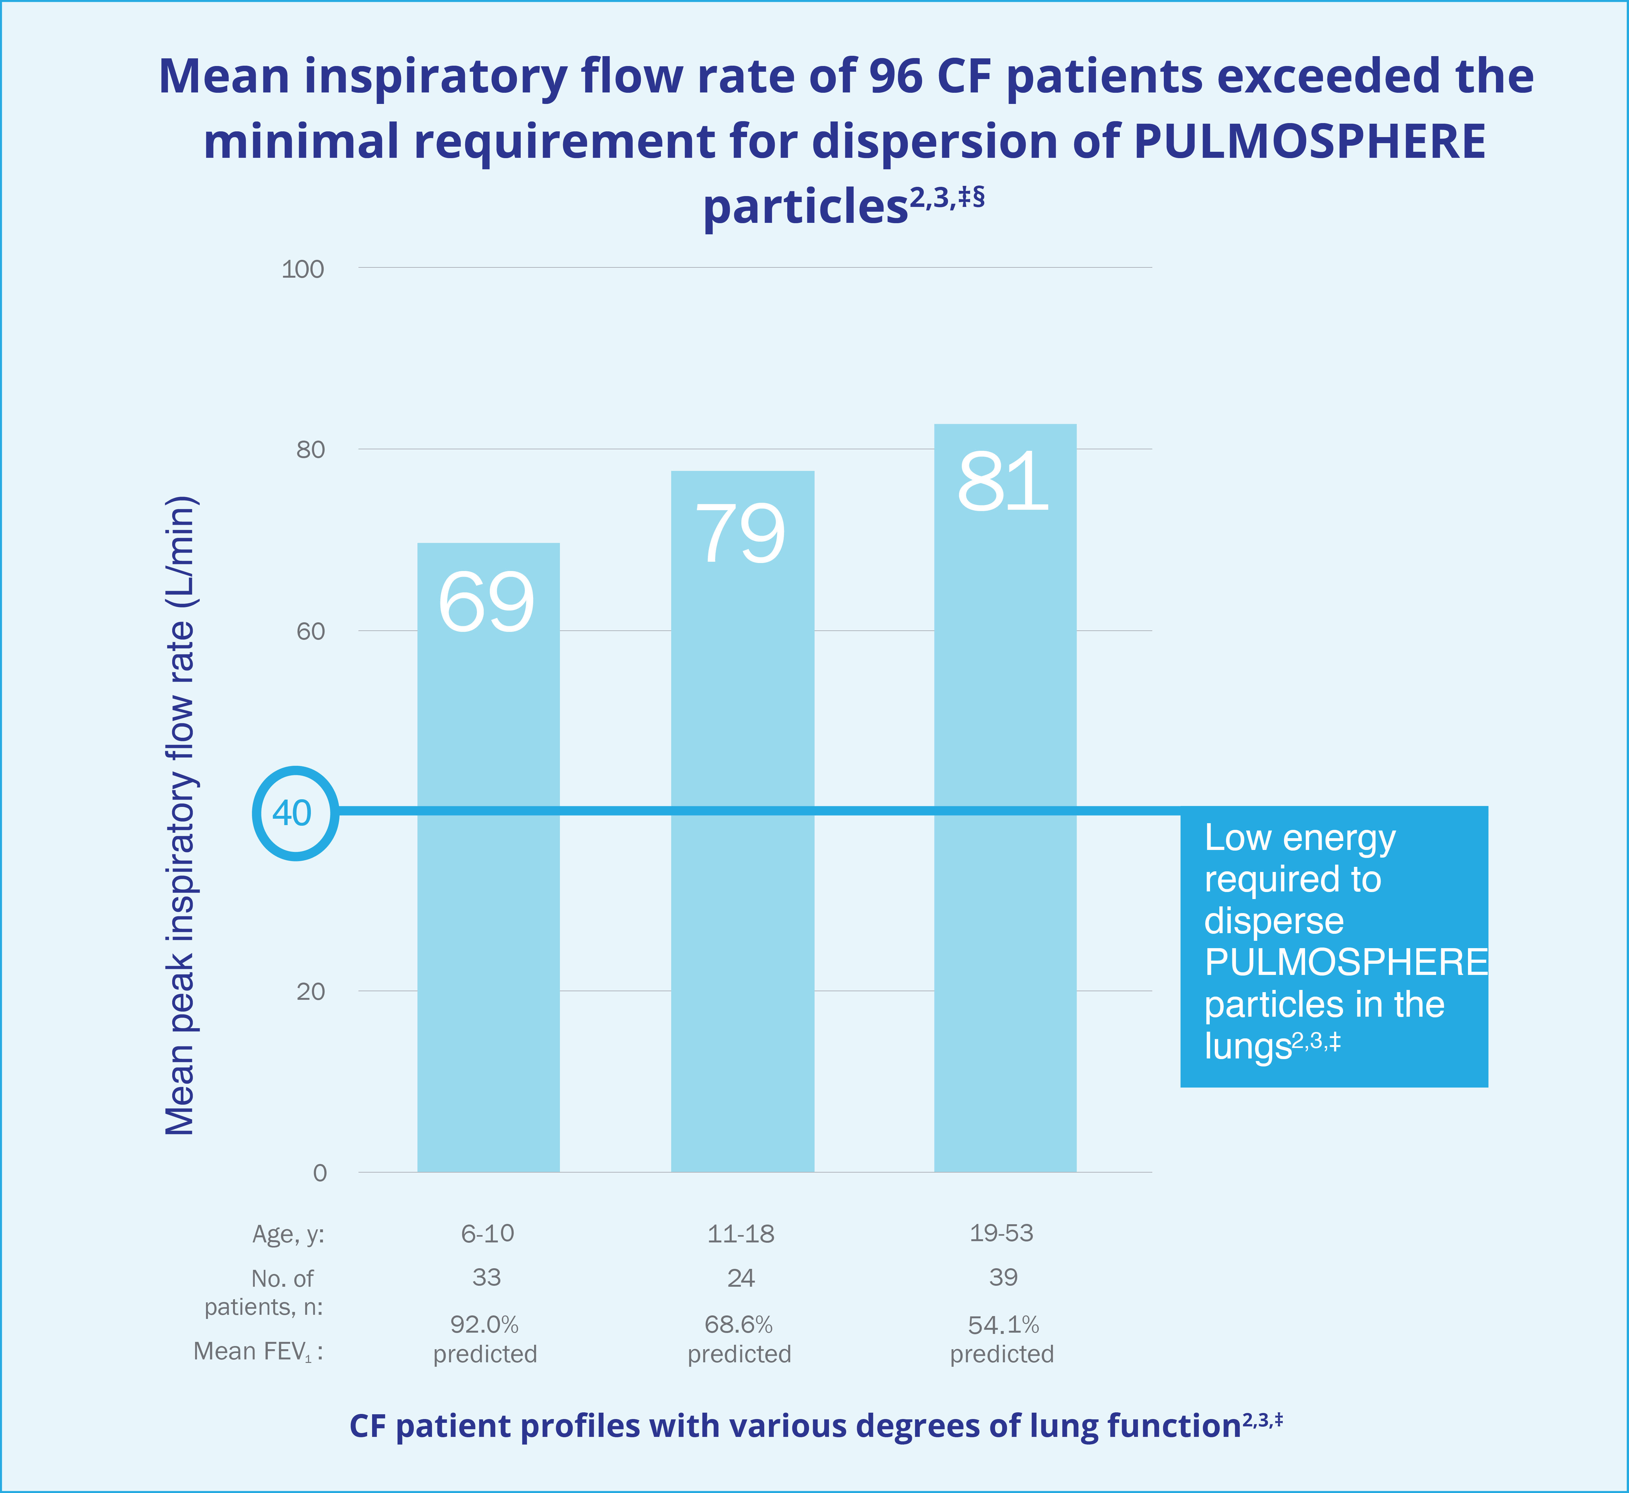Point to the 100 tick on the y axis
tap(303, 269)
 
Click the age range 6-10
tap(487, 1234)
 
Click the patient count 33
tap(487, 1277)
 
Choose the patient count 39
tap(1003, 1277)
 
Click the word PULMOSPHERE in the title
tap(1310, 141)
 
